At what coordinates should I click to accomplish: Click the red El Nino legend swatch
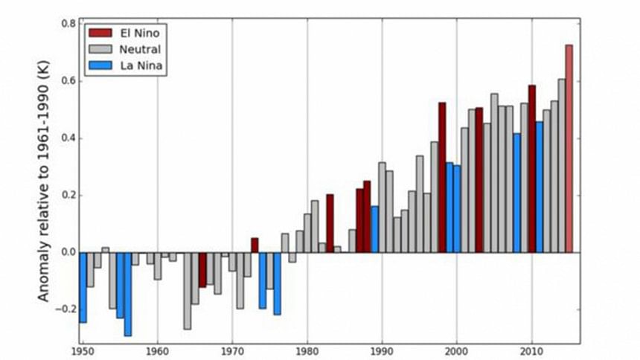pyautogui.click(x=100, y=33)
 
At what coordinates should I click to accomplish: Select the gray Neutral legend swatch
pyautogui.click(x=100, y=50)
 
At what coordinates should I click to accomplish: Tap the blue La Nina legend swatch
pyautogui.click(x=100, y=67)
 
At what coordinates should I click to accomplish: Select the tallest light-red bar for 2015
pyautogui.click(x=569, y=149)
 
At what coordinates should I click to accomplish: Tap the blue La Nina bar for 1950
pyautogui.click(x=83, y=287)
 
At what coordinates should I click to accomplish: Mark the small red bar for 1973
pyautogui.click(x=255, y=245)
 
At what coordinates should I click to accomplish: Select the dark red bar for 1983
pyautogui.click(x=330, y=223)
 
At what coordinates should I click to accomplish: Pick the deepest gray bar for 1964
pyautogui.click(x=188, y=290)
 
